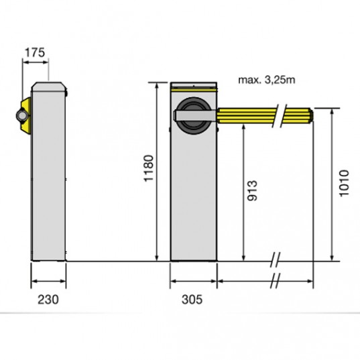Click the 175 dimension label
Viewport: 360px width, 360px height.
coord(35,52)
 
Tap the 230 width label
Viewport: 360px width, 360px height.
coord(48,300)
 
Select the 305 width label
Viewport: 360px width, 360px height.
coord(192,300)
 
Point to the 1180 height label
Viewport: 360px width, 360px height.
coord(149,168)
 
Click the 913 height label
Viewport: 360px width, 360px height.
coord(252,191)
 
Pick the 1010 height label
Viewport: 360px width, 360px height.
coord(344,183)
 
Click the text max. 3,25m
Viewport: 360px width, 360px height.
coord(267,80)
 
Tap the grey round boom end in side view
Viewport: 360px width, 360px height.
coord(22,116)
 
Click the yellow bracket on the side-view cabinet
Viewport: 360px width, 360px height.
coord(26,116)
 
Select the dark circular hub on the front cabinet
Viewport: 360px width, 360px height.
coord(193,116)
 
